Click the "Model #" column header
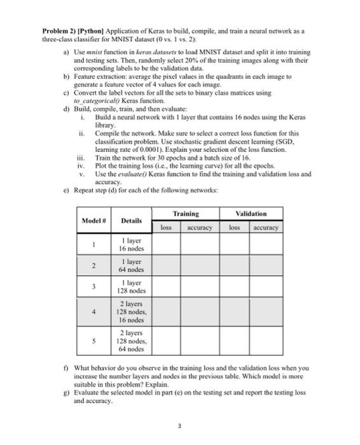[93, 220]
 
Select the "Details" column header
[131, 220]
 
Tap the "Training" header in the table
[186, 214]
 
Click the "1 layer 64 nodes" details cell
[131, 265]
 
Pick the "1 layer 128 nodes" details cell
[131, 287]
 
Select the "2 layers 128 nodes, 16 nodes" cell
[131, 312]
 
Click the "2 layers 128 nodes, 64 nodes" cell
[131, 341]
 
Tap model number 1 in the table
[93, 243]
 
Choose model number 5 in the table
[93, 341]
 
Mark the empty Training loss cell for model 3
[166, 287]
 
